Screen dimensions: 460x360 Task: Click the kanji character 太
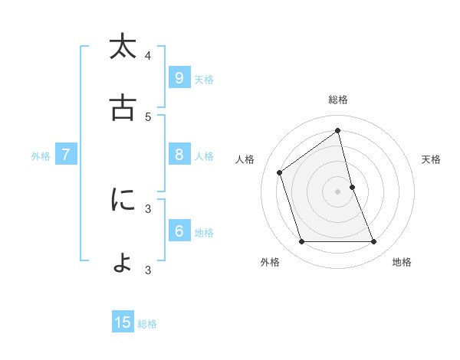(x=123, y=47)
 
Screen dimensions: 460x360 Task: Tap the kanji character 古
(x=123, y=108)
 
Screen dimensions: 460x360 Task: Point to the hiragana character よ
(x=123, y=261)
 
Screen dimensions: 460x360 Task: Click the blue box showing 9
(x=179, y=77)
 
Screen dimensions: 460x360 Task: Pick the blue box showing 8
(x=179, y=155)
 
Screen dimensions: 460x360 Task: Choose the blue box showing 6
(x=179, y=231)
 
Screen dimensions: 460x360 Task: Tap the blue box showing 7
(x=66, y=155)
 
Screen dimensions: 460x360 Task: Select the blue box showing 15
(x=123, y=322)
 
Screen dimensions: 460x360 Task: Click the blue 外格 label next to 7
(x=41, y=156)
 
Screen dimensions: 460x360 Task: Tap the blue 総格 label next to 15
(x=147, y=324)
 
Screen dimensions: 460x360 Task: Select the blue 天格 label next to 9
(x=204, y=79)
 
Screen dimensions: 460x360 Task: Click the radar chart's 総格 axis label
(x=338, y=100)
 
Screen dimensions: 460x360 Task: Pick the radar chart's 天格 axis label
(x=431, y=159)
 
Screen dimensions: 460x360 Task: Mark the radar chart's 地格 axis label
(x=402, y=262)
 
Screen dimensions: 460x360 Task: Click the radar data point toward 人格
(x=280, y=172)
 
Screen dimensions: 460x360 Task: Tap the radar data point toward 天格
(x=352, y=187)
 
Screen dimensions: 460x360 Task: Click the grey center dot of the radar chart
(x=338, y=191)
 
